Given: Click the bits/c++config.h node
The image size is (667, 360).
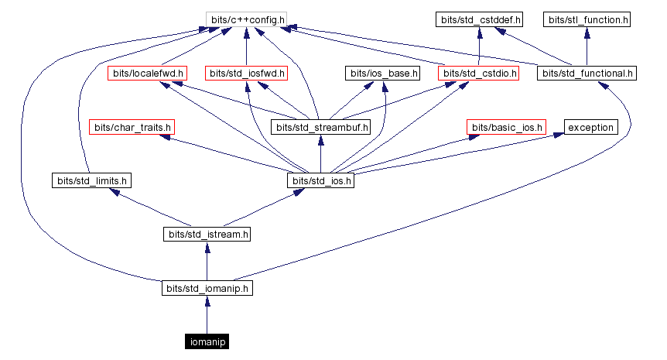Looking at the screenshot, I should [x=246, y=18].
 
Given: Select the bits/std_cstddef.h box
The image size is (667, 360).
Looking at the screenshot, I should [x=480, y=18].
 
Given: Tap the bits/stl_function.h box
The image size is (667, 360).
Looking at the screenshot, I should [x=587, y=18].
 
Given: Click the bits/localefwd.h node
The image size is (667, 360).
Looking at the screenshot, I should [x=147, y=74].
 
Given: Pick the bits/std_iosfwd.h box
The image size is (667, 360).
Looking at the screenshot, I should [x=247, y=74].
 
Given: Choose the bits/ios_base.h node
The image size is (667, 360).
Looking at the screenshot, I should [x=383, y=74].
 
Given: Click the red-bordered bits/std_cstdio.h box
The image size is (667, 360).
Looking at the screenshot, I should [x=478, y=74].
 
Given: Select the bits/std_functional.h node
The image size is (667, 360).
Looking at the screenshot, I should [x=587, y=74].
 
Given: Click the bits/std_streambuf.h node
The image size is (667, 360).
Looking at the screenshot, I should [x=321, y=127].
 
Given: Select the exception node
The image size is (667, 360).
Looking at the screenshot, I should [x=590, y=127].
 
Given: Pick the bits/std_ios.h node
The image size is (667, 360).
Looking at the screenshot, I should [x=321, y=180].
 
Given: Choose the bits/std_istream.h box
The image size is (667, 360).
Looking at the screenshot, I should [x=207, y=234].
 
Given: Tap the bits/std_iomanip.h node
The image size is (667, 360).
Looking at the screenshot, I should [x=207, y=288].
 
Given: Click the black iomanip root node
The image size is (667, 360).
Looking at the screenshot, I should [x=207, y=341].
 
